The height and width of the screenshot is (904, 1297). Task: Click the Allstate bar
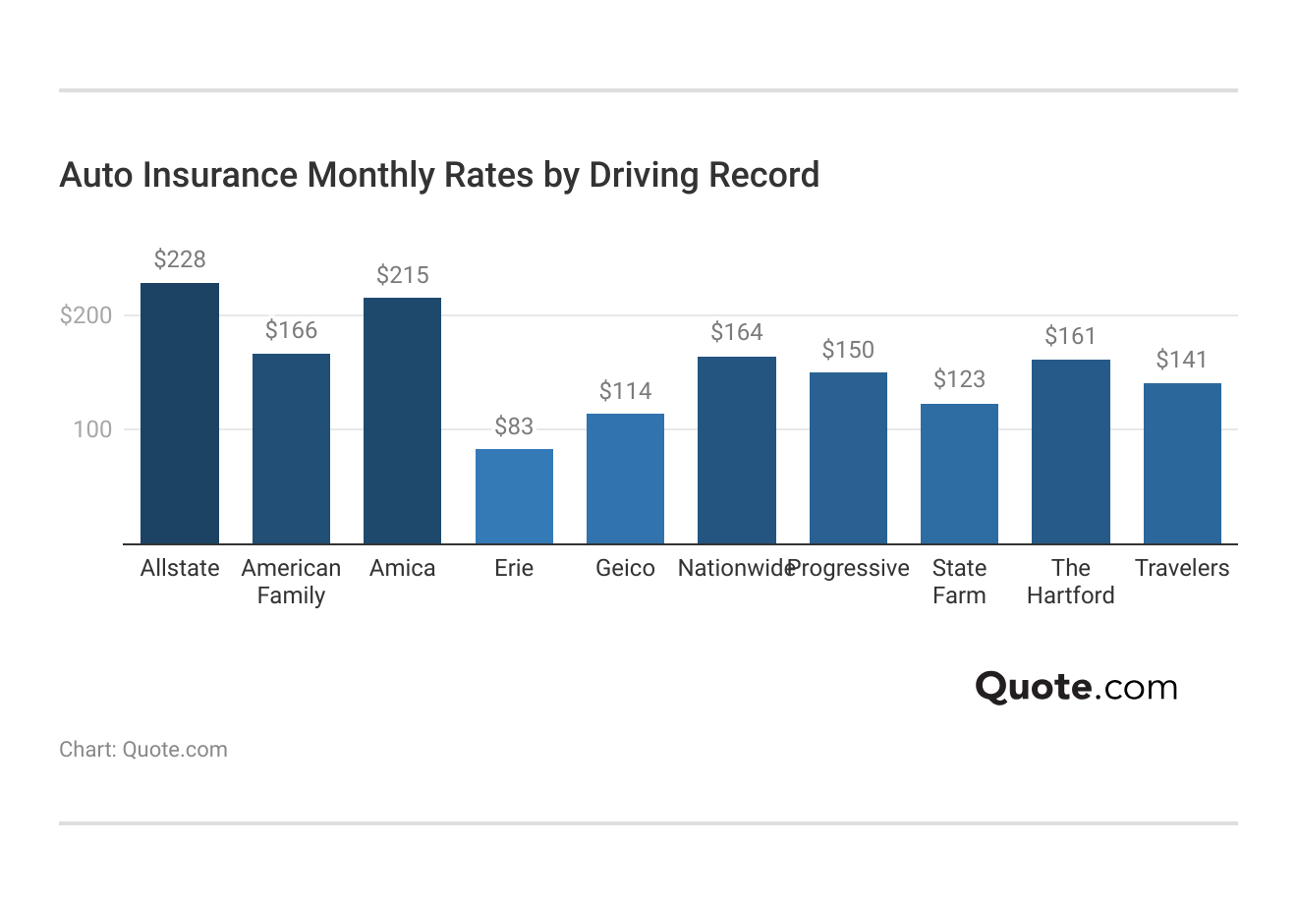point(180,413)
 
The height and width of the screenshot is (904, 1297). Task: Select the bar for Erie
point(514,496)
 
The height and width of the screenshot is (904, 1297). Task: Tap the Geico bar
point(625,479)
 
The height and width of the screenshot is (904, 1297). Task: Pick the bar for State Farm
point(959,474)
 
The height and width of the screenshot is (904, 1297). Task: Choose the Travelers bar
point(1182,463)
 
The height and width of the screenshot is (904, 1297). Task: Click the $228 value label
point(180,259)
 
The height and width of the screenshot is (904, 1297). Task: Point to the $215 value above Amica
point(403,275)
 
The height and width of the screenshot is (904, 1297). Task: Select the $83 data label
point(514,426)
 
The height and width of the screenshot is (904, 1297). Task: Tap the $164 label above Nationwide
point(737,333)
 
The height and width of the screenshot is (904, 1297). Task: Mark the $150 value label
point(848,350)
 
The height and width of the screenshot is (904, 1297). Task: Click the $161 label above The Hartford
point(1070,337)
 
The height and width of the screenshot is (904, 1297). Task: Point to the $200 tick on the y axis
point(86,315)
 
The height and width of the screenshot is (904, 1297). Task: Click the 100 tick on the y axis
point(92,429)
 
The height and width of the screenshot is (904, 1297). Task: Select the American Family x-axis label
point(291,582)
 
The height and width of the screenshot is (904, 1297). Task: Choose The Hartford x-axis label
point(1070,582)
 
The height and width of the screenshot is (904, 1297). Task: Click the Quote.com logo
point(1076,687)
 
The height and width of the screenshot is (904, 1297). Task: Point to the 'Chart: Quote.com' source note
point(143,750)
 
